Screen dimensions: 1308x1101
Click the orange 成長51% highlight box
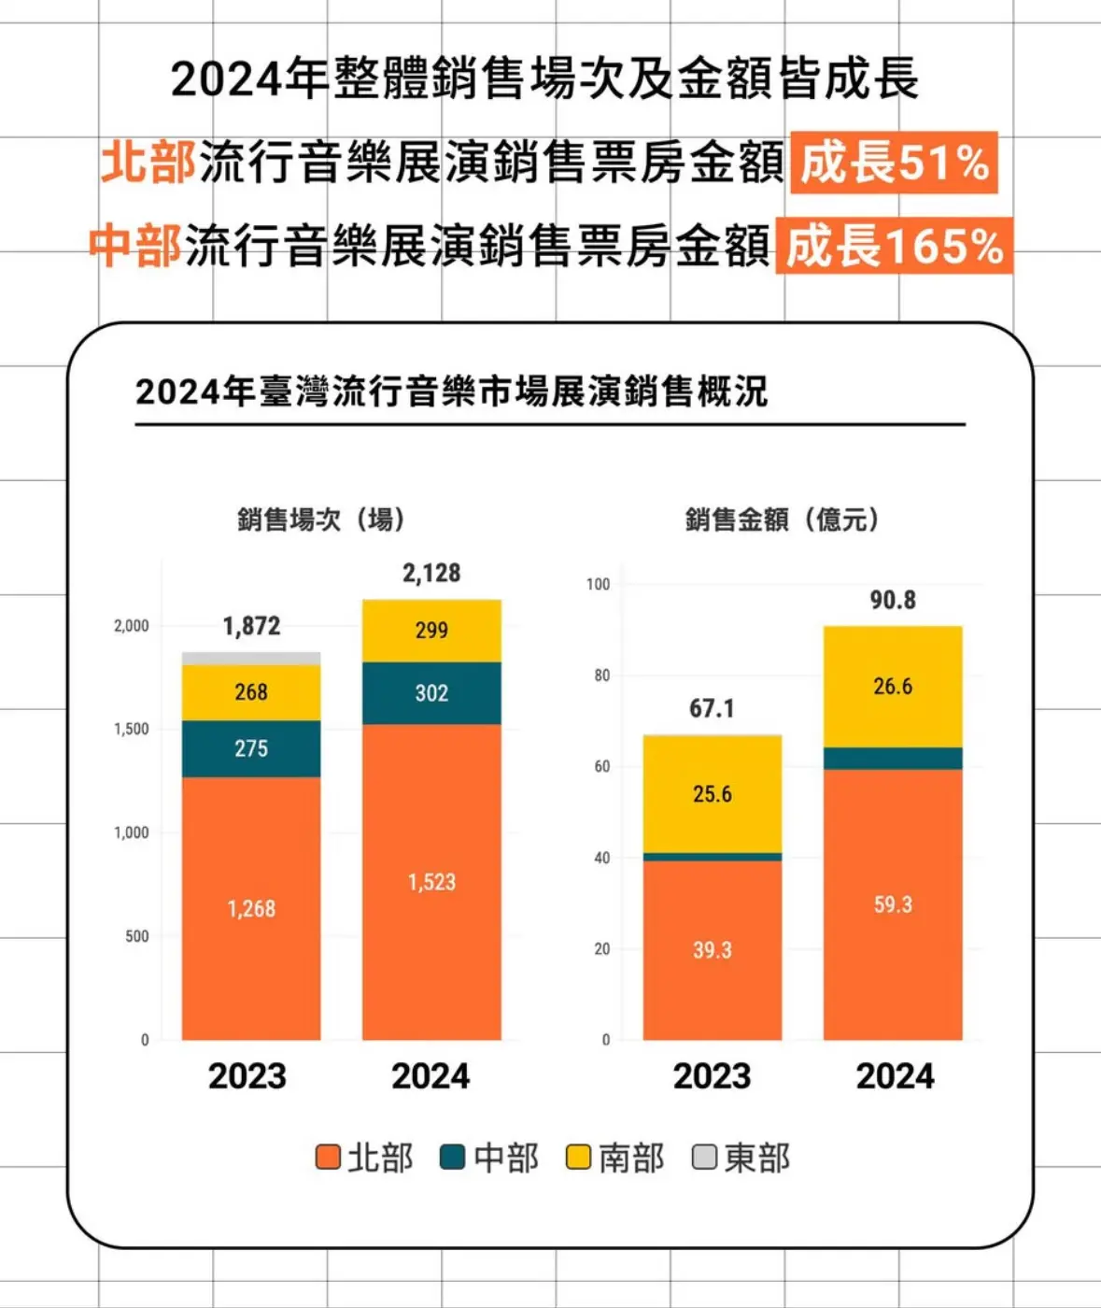(x=894, y=163)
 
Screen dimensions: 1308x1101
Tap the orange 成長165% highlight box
(x=894, y=246)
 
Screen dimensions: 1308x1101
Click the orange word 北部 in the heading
(x=148, y=163)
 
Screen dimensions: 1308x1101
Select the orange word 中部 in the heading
(x=134, y=246)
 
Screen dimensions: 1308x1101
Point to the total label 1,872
(x=251, y=626)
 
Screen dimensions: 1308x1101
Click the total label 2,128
(x=431, y=573)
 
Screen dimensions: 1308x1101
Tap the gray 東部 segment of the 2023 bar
(x=251, y=659)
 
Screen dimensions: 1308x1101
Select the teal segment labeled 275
(x=251, y=748)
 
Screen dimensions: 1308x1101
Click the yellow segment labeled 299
(x=431, y=631)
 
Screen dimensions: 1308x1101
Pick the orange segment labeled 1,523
(x=431, y=882)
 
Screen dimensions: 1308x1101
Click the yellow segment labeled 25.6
(x=712, y=794)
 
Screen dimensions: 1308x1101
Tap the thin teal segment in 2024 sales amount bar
(x=893, y=759)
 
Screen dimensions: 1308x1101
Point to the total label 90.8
(x=893, y=600)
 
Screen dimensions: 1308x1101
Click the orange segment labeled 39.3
(x=712, y=950)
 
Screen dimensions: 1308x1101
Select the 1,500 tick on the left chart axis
(x=132, y=730)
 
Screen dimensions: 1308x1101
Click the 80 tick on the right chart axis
(x=601, y=675)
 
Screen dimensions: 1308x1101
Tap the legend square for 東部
(x=704, y=1158)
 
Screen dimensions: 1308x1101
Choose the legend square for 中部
(x=453, y=1158)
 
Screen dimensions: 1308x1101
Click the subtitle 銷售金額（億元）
(x=783, y=519)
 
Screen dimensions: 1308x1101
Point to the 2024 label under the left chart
(x=431, y=1076)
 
